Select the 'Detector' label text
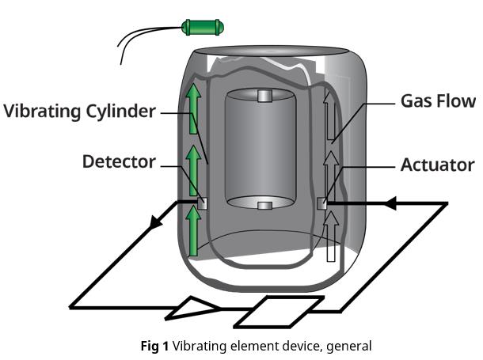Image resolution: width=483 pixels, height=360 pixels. tap(119, 161)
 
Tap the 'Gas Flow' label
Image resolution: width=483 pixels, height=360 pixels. tap(438, 100)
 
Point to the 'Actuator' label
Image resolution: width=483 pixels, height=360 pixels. tap(437, 165)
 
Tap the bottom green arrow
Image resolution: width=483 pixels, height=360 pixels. tap(192, 229)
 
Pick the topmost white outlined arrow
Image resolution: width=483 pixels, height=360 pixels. tap(329, 111)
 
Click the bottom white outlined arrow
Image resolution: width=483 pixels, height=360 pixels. tap(329, 237)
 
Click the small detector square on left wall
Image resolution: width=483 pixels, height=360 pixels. tap(203, 203)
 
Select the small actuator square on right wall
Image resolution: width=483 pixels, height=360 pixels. tap(322, 203)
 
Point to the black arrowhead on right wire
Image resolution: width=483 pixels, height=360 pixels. tap(389, 204)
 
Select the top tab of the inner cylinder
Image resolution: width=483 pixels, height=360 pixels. tap(265, 97)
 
